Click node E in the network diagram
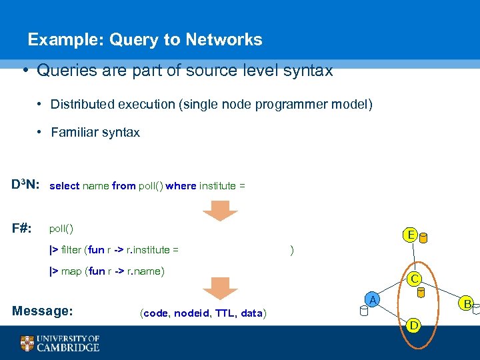(x=410, y=235)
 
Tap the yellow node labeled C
(x=414, y=279)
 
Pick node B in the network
(x=468, y=305)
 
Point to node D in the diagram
(x=414, y=325)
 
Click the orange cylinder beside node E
(x=424, y=238)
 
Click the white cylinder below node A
(x=363, y=311)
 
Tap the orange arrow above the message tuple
(x=220, y=287)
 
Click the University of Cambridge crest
(x=27, y=343)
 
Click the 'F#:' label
(x=22, y=227)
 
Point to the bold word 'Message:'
(x=43, y=311)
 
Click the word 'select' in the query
(x=64, y=186)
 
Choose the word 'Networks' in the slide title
(x=223, y=40)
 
